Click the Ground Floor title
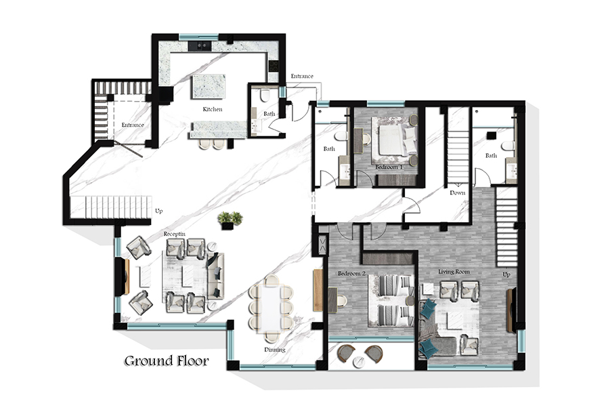click(167, 361)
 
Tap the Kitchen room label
click(213, 109)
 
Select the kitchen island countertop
click(209, 87)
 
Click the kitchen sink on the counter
click(200, 46)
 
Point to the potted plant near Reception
click(230, 220)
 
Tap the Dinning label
click(275, 350)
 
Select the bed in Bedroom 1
click(393, 139)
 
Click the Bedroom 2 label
click(351, 274)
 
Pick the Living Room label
click(454, 272)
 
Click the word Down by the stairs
click(458, 192)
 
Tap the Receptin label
click(174, 234)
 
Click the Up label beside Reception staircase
click(159, 211)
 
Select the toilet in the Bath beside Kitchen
click(265, 96)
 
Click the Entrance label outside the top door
click(302, 76)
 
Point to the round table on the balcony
click(359, 362)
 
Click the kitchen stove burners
click(274, 66)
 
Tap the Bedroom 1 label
click(389, 167)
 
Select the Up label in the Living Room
click(506, 274)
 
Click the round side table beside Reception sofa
click(213, 247)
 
